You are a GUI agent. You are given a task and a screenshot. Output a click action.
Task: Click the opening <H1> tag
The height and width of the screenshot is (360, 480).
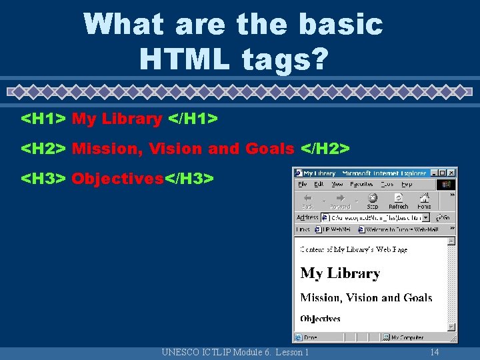point(43,119)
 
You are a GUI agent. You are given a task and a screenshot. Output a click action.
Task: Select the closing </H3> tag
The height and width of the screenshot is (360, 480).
point(189,179)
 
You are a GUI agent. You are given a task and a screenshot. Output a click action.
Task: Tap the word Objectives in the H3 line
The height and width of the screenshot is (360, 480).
point(117,179)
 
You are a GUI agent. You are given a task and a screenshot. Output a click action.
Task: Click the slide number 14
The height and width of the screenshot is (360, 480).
point(435,352)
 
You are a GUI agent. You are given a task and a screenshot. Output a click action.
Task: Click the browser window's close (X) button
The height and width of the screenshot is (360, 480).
point(453,172)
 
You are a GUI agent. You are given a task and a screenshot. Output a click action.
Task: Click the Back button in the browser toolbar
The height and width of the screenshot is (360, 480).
point(308,200)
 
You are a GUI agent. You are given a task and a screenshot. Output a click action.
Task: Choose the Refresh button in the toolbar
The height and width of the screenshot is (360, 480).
point(398,200)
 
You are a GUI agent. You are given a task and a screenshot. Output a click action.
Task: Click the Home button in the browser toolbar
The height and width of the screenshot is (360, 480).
point(424,200)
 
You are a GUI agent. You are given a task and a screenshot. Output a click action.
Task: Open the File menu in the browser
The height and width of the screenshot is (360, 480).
point(303,184)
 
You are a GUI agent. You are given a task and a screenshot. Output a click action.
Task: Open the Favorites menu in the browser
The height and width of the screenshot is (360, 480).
point(361,184)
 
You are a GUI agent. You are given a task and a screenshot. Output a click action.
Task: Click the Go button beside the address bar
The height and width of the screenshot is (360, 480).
point(443,217)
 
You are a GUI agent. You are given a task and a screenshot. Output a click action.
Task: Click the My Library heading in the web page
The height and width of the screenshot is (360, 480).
point(340,273)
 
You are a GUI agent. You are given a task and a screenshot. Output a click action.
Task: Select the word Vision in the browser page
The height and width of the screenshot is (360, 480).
point(363,298)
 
